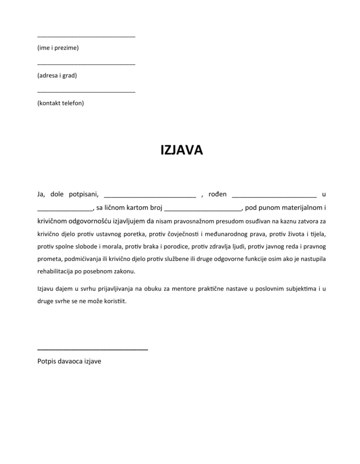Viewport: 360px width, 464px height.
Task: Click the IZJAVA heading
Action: tap(181, 150)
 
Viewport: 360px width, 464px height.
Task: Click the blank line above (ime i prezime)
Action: tap(86, 36)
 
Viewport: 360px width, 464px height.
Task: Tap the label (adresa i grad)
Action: tap(57, 75)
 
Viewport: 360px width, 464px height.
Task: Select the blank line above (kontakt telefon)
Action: tap(86, 92)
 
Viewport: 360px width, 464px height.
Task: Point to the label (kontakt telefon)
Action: tap(60, 103)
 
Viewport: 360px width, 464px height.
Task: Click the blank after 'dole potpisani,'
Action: tap(149, 196)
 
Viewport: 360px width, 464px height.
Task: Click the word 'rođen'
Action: tap(217, 194)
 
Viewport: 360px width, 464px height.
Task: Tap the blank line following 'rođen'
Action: tap(274, 196)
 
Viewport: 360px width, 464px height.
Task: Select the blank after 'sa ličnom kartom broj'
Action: tap(203, 209)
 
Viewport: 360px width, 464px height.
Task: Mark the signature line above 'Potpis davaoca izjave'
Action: tap(92, 350)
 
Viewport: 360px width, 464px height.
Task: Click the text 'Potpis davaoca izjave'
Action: tap(69, 361)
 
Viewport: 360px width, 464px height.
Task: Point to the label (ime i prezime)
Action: tap(58, 48)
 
